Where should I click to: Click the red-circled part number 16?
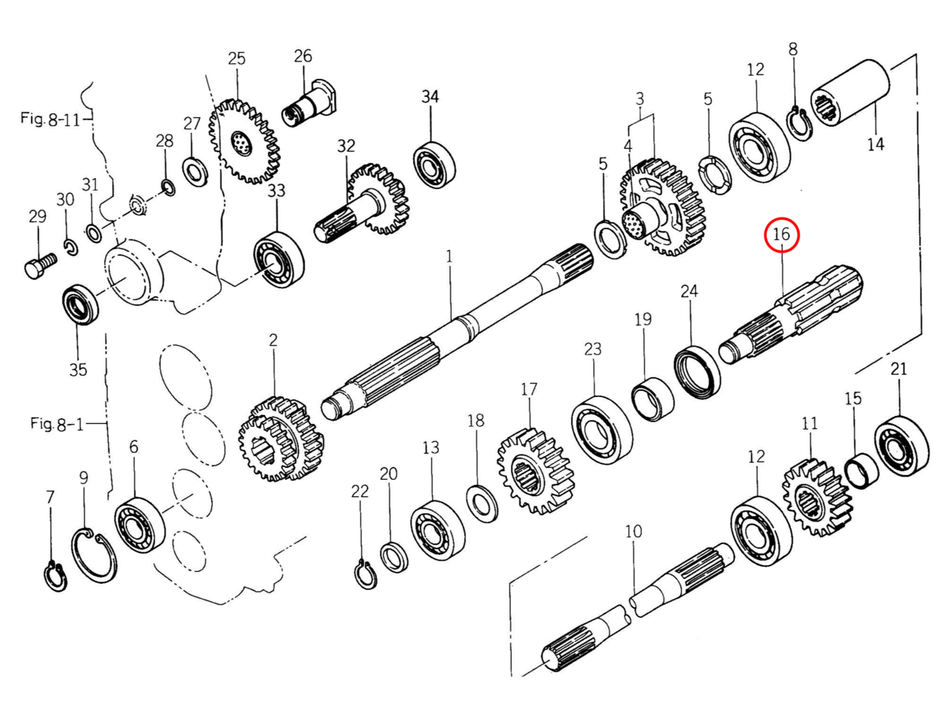(781, 235)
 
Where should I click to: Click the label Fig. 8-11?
(50, 118)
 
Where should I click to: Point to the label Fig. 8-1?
(57, 424)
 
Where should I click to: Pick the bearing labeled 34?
(434, 165)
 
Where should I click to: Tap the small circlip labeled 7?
(56, 576)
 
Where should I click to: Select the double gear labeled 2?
(281, 439)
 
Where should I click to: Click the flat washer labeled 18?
(482, 502)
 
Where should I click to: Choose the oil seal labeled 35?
(80, 304)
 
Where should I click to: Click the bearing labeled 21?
(902, 446)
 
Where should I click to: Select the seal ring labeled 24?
(697, 373)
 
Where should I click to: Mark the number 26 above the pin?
(303, 56)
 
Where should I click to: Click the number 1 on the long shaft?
(449, 257)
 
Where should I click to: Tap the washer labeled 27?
(196, 173)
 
